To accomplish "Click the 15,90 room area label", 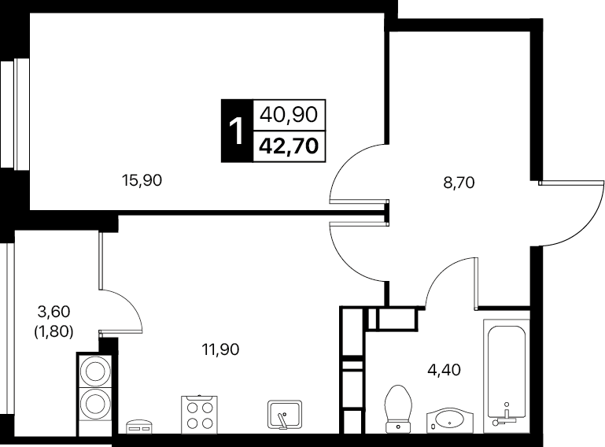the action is (142, 180).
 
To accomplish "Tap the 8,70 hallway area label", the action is (459, 183).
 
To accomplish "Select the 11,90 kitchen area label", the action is (220, 349).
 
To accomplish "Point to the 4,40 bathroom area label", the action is (444, 370).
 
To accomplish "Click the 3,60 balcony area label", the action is (54, 311).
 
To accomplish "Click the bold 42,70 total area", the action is (289, 146).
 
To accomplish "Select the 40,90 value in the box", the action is (289, 115).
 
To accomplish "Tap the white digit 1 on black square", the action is (236, 131).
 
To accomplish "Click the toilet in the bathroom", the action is (398, 408).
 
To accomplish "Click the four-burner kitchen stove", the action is (199, 414).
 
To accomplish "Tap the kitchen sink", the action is (285, 415).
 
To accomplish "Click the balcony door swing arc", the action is (131, 305).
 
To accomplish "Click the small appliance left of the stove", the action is (139, 427).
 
